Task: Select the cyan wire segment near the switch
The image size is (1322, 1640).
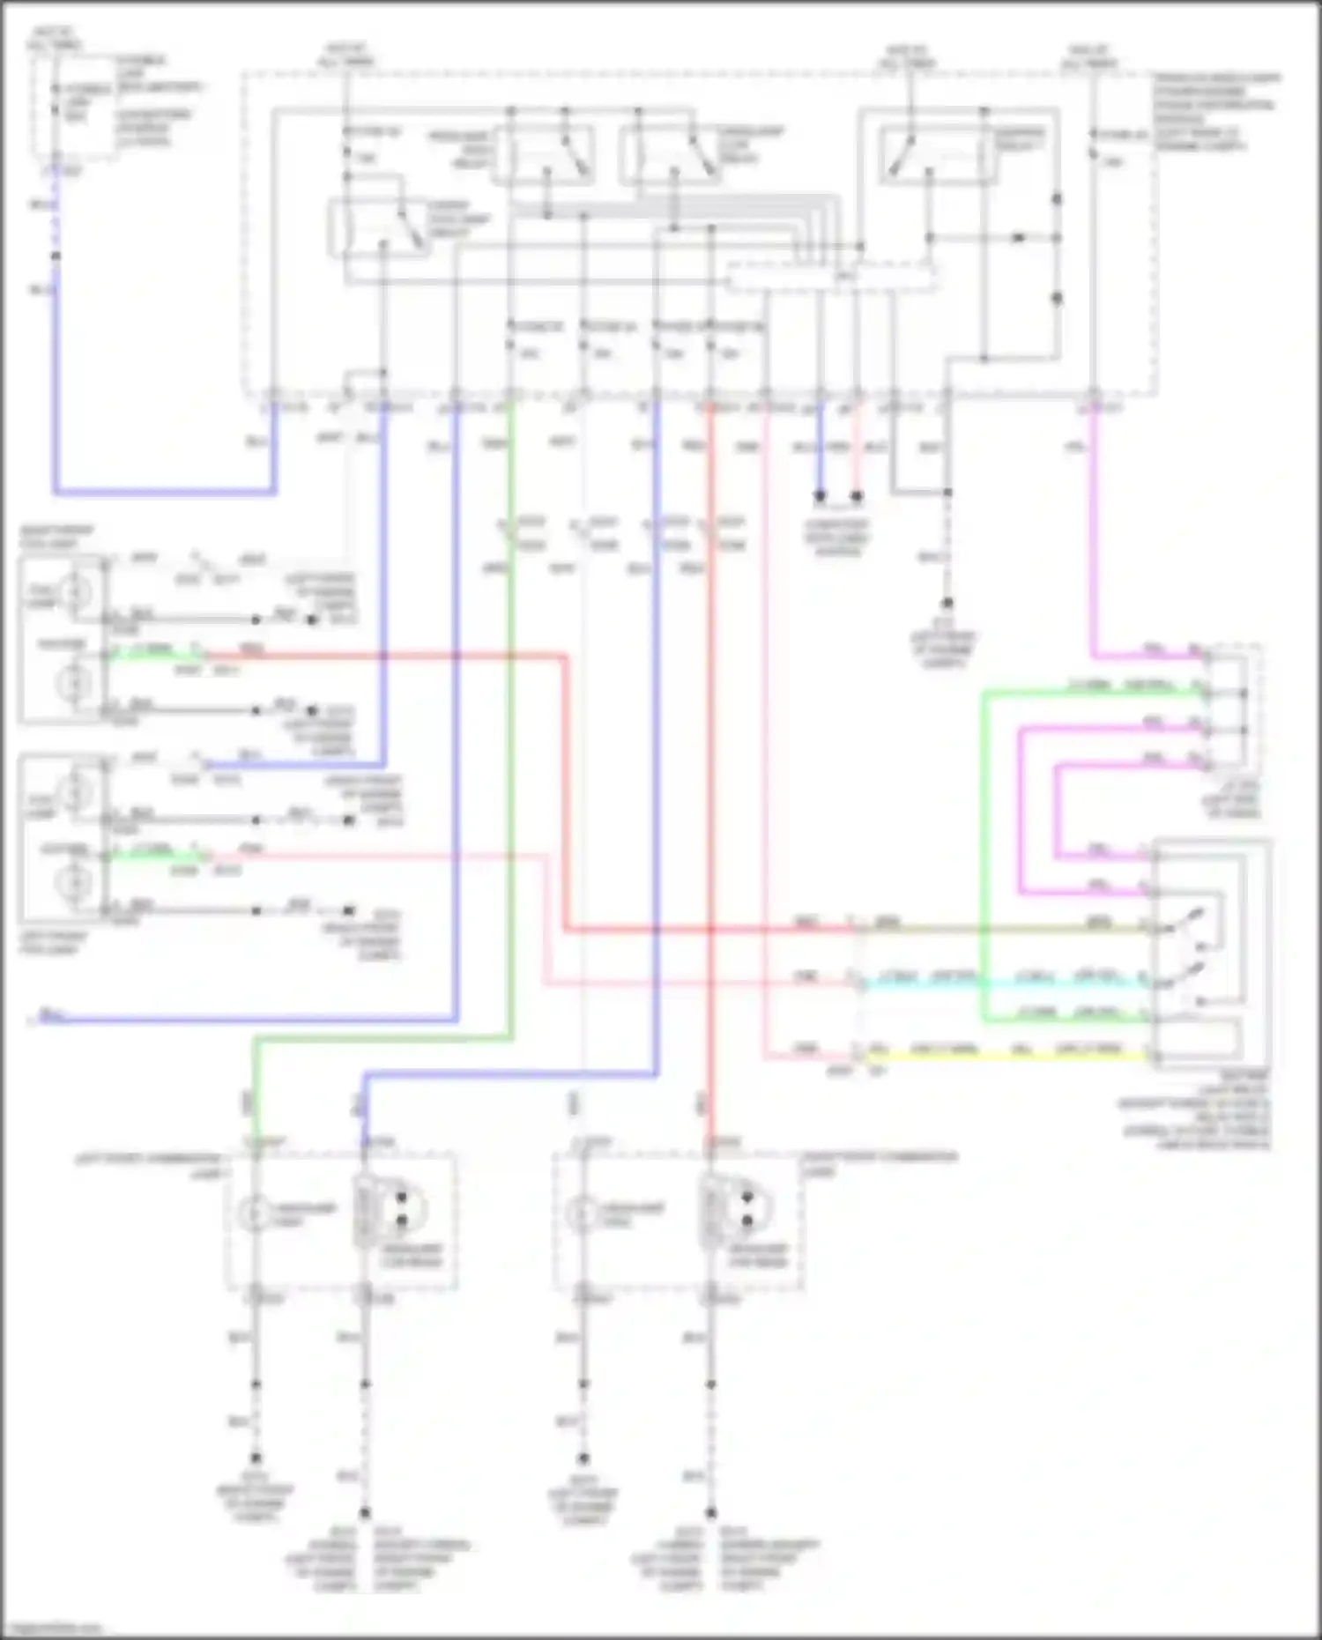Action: point(1005,983)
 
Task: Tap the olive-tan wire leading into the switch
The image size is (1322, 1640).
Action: point(1005,928)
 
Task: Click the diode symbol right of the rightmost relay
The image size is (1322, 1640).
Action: point(1019,238)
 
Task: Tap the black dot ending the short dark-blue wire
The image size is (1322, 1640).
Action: point(820,497)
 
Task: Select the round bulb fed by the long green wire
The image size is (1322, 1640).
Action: point(255,1214)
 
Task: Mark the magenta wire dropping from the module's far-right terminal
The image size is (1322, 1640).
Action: point(1093,529)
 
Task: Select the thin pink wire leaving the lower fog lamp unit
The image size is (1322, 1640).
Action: point(379,854)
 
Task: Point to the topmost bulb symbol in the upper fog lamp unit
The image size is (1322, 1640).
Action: point(74,591)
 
